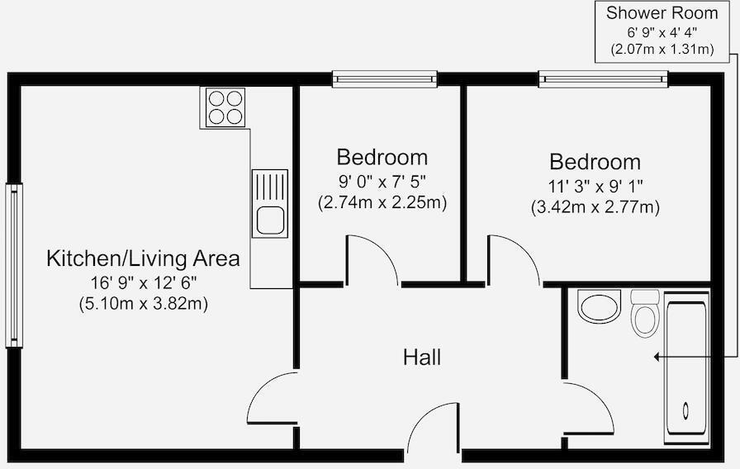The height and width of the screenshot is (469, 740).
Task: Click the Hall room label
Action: (421, 358)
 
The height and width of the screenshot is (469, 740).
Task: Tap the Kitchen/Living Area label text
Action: (143, 258)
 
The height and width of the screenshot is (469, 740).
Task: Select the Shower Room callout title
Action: (662, 13)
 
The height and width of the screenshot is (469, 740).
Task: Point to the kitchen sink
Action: (270, 204)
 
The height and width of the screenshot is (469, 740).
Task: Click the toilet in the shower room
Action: (645, 314)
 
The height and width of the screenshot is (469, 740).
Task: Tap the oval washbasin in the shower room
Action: (599, 307)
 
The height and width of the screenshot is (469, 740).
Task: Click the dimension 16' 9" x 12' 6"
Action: (143, 282)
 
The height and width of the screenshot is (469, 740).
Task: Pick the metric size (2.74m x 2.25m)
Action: (382, 202)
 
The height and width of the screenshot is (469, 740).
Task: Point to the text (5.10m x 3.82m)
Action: (143, 303)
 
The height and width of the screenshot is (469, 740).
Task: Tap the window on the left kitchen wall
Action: (14, 265)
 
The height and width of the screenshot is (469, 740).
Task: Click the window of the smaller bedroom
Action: (384, 79)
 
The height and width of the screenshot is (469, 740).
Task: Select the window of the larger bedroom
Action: (603, 79)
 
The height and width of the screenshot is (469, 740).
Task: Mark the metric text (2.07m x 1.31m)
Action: (662, 50)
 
